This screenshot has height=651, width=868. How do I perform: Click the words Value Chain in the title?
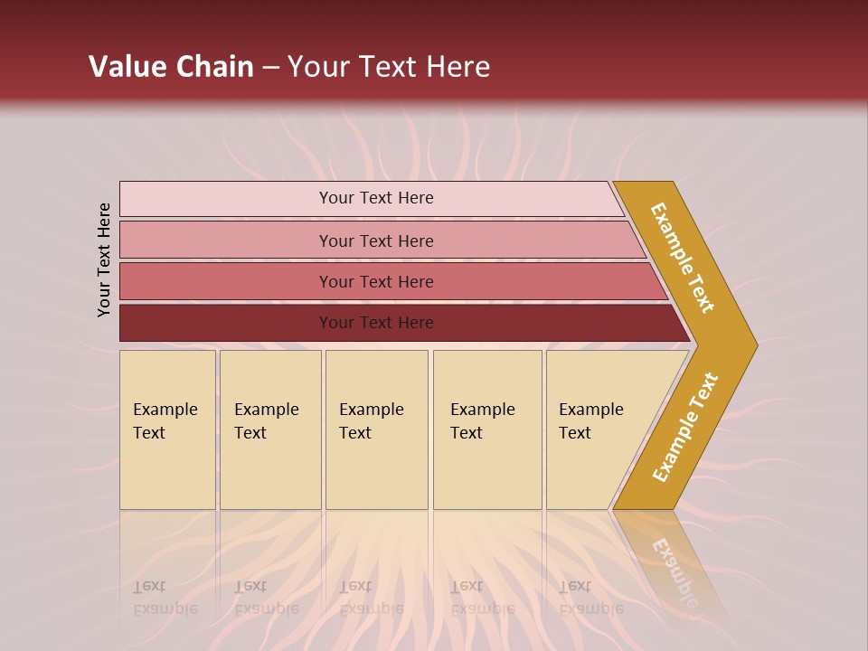click(171, 67)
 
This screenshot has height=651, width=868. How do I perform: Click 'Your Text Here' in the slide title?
click(389, 67)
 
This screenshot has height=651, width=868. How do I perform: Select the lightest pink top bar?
click(226, 199)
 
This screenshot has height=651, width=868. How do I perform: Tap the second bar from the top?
click(226, 241)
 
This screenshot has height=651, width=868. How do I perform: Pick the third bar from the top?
click(226, 281)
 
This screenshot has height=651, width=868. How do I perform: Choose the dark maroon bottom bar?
click(226, 323)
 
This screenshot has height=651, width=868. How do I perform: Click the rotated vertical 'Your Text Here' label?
click(104, 259)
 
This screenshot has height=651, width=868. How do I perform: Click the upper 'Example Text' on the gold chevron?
click(683, 258)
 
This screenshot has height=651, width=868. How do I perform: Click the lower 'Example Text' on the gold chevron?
click(685, 428)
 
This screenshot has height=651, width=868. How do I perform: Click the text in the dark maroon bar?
click(376, 323)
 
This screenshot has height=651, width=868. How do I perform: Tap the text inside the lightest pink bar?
click(376, 198)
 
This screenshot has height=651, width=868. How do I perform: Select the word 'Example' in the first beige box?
click(165, 410)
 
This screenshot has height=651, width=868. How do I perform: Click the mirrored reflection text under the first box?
click(165, 598)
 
